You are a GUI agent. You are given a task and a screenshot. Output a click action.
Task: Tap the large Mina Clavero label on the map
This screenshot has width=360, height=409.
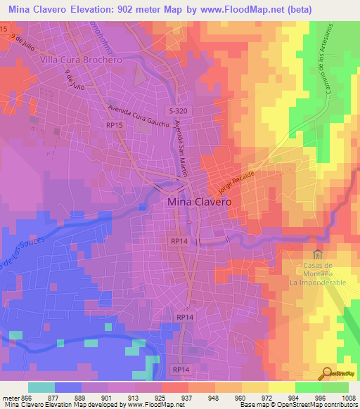coord(200,202)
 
